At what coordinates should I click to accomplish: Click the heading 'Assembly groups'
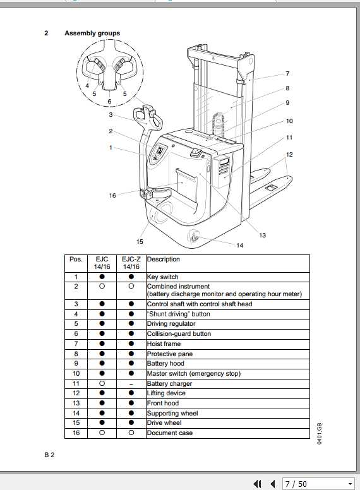pyautogui.click(x=92, y=33)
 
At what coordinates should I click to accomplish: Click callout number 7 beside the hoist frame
pyautogui.click(x=287, y=74)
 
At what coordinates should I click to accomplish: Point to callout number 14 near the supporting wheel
pyautogui.click(x=240, y=245)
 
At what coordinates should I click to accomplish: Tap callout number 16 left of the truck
pyautogui.click(x=112, y=196)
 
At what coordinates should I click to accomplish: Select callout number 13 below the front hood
pyautogui.click(x=262, y=235)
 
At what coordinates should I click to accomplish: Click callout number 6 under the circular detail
pyautogui.click(x=109, y=101)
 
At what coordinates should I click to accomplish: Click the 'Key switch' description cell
pyautogui.click(x=162, y=277)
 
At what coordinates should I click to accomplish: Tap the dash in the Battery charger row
pyautogui.click(x=131, y=383)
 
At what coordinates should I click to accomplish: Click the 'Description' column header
pyautogui.click(x=163, y=259)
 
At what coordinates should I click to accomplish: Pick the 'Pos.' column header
pyautogui.click(x=76, y=259)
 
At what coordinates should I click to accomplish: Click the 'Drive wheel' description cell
pyautogui.click(x=164, y=423)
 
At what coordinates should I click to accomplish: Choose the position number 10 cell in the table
pyautogui.click(x=76, y=373)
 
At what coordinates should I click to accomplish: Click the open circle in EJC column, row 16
pyautogui.click(x=102, y=433)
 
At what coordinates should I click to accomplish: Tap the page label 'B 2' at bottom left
pyautogui.click(x=49, y=455)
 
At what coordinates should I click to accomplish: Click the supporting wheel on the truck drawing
pyautogui.click(x=195, y=237)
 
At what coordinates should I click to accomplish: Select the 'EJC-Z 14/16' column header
pyautogui.click(x=131, y=263)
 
